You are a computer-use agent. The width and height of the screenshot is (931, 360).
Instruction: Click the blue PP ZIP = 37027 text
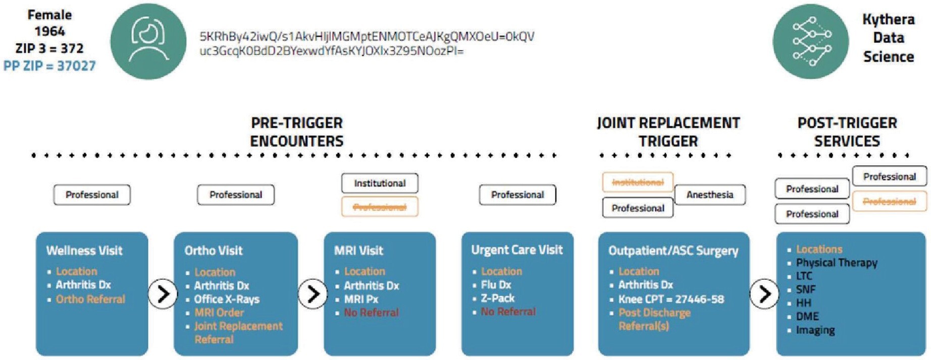(x=49, y=66)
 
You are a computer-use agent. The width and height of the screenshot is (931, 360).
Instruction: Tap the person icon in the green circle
(x=148, y=41)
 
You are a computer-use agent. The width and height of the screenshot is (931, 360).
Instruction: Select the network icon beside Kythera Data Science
(x=810, y=41)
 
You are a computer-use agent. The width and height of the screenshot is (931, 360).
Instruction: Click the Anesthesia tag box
(x=709, y=195)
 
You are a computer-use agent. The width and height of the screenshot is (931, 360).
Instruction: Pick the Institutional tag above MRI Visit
(x=380, y=183)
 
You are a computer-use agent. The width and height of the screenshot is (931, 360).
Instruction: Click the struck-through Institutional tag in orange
(x=638, y=182)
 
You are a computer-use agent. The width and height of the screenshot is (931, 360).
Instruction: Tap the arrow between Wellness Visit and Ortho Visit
(x=163, y=293)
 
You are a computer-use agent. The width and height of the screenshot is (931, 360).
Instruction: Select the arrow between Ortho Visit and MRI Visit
(x=313, y=293)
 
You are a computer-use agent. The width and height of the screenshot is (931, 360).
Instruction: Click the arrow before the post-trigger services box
(x=764, y=293)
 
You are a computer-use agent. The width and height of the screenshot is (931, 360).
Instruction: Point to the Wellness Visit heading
(x=84, y=250)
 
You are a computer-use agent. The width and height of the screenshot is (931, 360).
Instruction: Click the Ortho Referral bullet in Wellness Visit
(x=90, y=299)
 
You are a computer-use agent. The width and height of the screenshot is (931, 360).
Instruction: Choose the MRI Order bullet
(x=219, y=313)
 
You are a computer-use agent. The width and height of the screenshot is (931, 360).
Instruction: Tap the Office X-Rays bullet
(x=227, y=299)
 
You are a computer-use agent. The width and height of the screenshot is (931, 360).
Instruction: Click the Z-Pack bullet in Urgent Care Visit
(x=497, y=298)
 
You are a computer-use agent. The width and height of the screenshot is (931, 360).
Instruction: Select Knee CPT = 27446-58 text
(x=671, y=299)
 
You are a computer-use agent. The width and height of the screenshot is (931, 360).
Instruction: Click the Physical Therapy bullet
(x=836, y=263)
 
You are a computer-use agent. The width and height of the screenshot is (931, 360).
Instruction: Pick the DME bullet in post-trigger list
(x=807, y=317)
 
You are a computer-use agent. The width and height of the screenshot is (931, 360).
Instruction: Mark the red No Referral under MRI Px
(x=371, y=313)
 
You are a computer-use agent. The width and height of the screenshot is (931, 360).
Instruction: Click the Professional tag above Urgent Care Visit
(x=518, y=195)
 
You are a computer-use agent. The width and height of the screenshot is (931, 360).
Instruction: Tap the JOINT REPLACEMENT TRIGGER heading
(x=668, y=132)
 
